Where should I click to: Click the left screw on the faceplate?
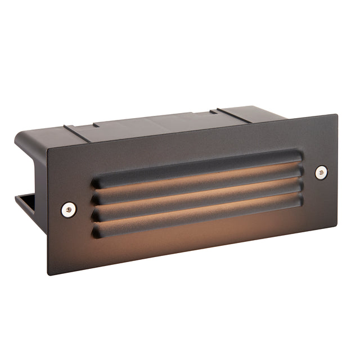click(67, 209)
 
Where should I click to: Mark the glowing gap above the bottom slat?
click(197, 210)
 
